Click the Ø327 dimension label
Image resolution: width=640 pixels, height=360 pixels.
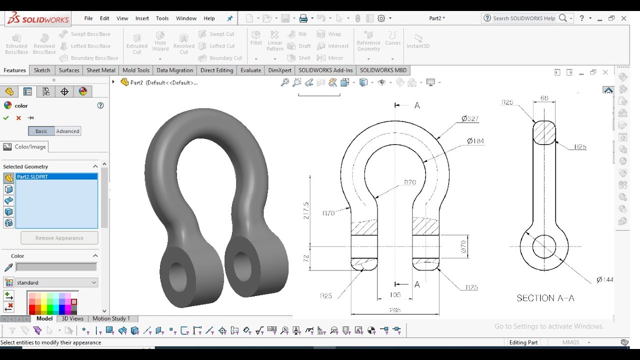[470, 119]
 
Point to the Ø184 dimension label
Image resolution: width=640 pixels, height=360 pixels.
[475, 141]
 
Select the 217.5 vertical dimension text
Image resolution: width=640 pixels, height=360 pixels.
[306, 210]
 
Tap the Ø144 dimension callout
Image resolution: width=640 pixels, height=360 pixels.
[604, 279]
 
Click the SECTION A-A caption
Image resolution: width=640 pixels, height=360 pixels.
[545, 298]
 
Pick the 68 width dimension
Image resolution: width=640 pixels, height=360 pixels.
[544, 98]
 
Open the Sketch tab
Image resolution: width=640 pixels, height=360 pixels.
[42, 70]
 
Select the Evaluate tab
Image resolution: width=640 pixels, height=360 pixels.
[250, 70]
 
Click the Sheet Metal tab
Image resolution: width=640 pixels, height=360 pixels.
[101, 70]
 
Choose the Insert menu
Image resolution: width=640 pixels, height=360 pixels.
[142, 18]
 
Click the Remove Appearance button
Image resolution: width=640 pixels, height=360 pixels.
[59, 238]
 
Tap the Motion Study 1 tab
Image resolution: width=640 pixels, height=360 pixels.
[111, 318]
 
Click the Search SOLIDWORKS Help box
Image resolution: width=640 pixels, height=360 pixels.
[523, 18]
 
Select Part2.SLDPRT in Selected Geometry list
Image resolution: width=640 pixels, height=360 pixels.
[32, 176]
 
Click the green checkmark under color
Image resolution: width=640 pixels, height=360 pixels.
[6, 118]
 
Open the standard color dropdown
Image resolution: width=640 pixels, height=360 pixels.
[56, 282]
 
